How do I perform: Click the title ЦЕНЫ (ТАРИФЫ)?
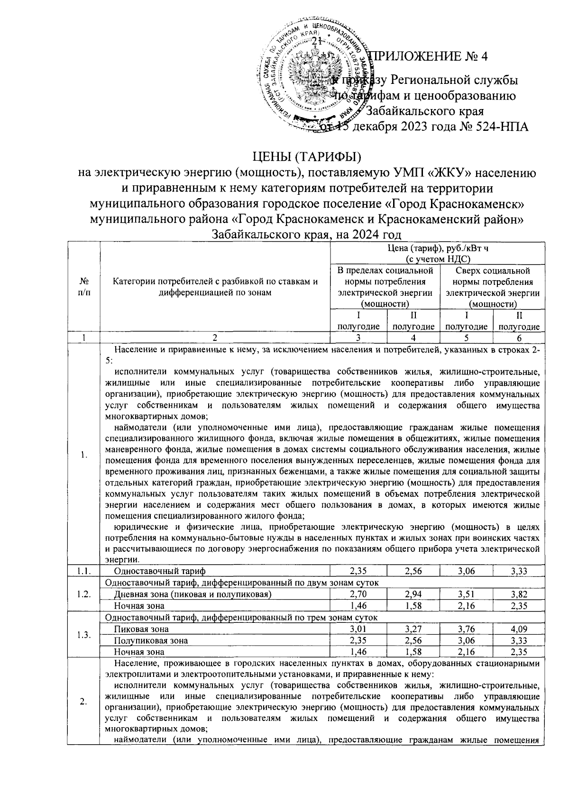click(x=307, y=156)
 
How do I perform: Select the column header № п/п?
click(x=84, y=287)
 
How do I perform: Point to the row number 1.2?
click(x=84, y=594)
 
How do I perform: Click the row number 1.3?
click(x=84, y=635)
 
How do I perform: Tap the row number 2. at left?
click(x=84, y=702)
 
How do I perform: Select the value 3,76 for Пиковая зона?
click(x=467, y=629)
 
